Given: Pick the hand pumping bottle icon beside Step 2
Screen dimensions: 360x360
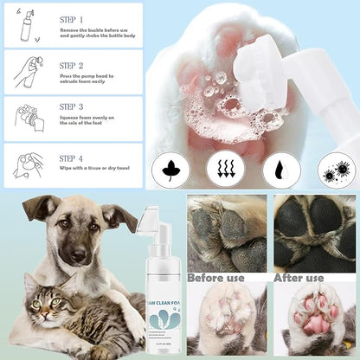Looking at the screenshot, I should (26, 71).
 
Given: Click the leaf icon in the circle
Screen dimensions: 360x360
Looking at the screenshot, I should (170, 170).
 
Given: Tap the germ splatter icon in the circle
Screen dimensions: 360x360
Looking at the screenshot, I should (336, 170).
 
